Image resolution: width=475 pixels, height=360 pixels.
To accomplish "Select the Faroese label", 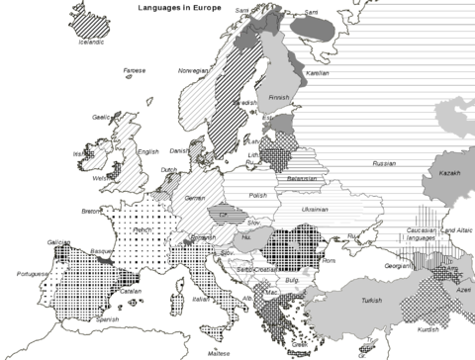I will [135, 70].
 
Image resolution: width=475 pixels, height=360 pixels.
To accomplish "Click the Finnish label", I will [281, 98].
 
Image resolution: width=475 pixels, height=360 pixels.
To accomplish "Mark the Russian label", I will [383, 162].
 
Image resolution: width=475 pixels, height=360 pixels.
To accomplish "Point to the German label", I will [195, 198].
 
